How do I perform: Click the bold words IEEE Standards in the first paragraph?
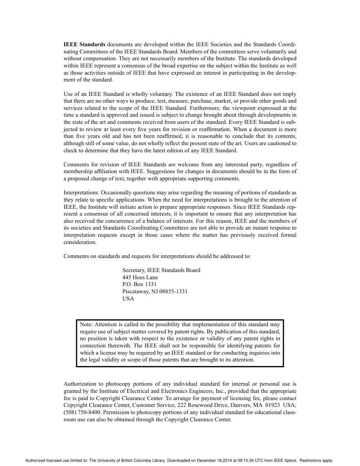(x=85, y=44)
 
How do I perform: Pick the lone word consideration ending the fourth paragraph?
(x=80, y=242)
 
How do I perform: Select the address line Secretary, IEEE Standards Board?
(x=161, y=270)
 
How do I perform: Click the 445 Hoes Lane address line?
(x=140, y=277)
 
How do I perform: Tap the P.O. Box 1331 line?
(x=139, y=284)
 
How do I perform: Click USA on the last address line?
(x=128, y=299)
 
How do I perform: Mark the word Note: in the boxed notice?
(x=86, y=324)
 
